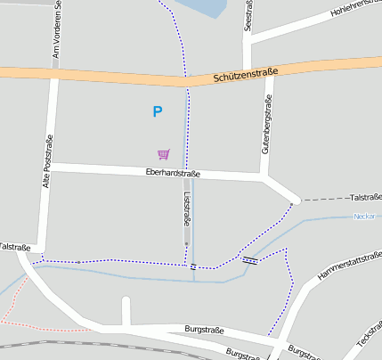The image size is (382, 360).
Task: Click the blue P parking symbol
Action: (158, 112)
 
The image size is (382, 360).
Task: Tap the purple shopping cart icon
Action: (163, 154)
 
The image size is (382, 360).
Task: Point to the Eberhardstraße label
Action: (173, 174)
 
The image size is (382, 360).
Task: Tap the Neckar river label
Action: (364, 217)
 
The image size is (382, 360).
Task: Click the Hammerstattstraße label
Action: (349, 271)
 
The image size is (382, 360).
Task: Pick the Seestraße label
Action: (248, 16)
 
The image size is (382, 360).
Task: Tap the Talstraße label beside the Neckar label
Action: (365, 197)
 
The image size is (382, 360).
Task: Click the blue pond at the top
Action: (201, 8)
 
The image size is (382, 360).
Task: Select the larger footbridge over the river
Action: (250, 260)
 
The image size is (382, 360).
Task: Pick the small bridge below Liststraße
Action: (192, 266)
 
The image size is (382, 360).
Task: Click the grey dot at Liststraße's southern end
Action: (186, 243)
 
